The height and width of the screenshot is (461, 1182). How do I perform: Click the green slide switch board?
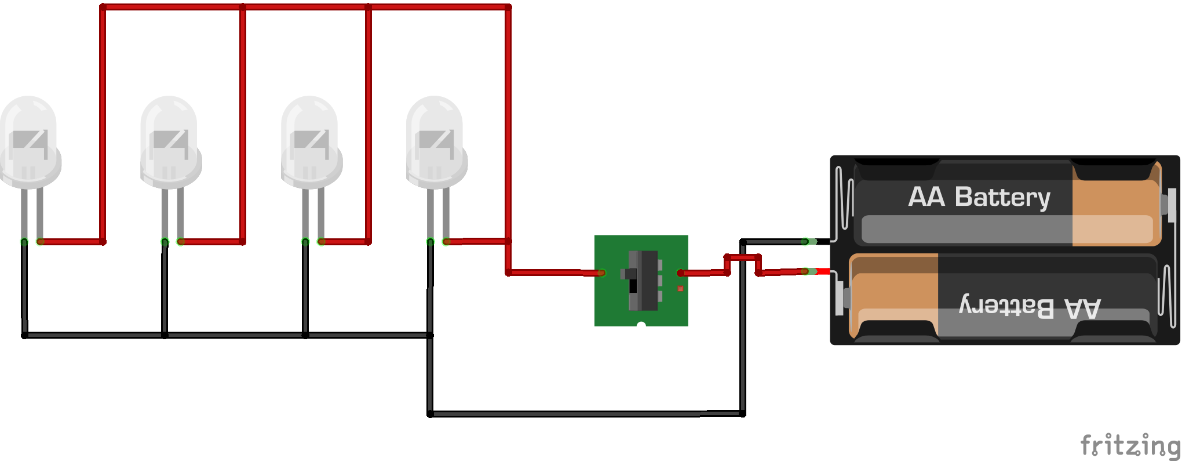(x=641, y=281)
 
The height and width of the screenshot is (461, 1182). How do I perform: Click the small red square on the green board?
(x=680, y=288)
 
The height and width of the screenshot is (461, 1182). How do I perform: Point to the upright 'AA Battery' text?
(x=979, y=198)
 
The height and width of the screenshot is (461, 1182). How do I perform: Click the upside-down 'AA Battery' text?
(x=1030, y=306)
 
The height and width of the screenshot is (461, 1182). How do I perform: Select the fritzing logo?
(x=1130, y=445)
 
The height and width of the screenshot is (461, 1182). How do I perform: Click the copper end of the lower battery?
(x=894, y=296)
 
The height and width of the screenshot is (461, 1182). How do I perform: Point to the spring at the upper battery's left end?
(x=845, y=197)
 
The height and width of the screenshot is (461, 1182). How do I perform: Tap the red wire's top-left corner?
(x=103, y=7)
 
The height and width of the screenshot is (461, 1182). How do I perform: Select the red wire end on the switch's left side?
(x=601, y=273)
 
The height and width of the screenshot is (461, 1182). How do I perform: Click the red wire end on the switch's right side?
(x=681, y=273)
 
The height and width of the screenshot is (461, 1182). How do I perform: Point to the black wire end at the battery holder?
(x=805, y=241)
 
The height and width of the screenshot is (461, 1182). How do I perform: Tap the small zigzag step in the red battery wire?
(x=743, y=257)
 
